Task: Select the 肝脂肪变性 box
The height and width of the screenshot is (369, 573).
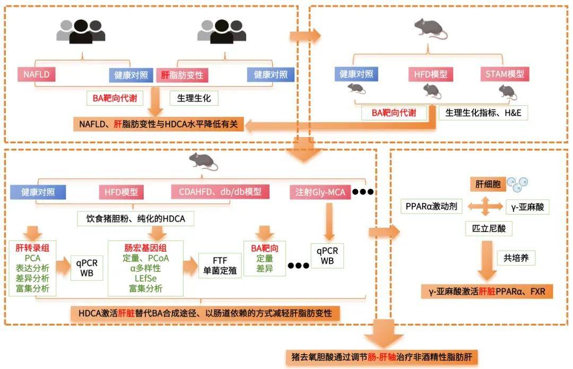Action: pos(182,75)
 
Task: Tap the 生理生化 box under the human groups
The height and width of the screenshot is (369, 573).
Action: pos(194,98)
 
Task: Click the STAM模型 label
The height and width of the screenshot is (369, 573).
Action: pos(505,74)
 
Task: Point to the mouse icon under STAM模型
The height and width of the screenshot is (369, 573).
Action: pos(507,92)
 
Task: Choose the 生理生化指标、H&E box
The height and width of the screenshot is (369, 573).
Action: pos(483,113)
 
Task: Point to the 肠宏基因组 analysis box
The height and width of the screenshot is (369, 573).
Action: pos(145,268)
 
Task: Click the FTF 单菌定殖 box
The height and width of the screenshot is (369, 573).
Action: pos(220,265)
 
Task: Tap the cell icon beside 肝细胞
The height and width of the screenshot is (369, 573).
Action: pos(517,184)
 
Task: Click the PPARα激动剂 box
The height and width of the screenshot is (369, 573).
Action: pos(428,206)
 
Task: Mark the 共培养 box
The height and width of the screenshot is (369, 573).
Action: pos(516,258)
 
